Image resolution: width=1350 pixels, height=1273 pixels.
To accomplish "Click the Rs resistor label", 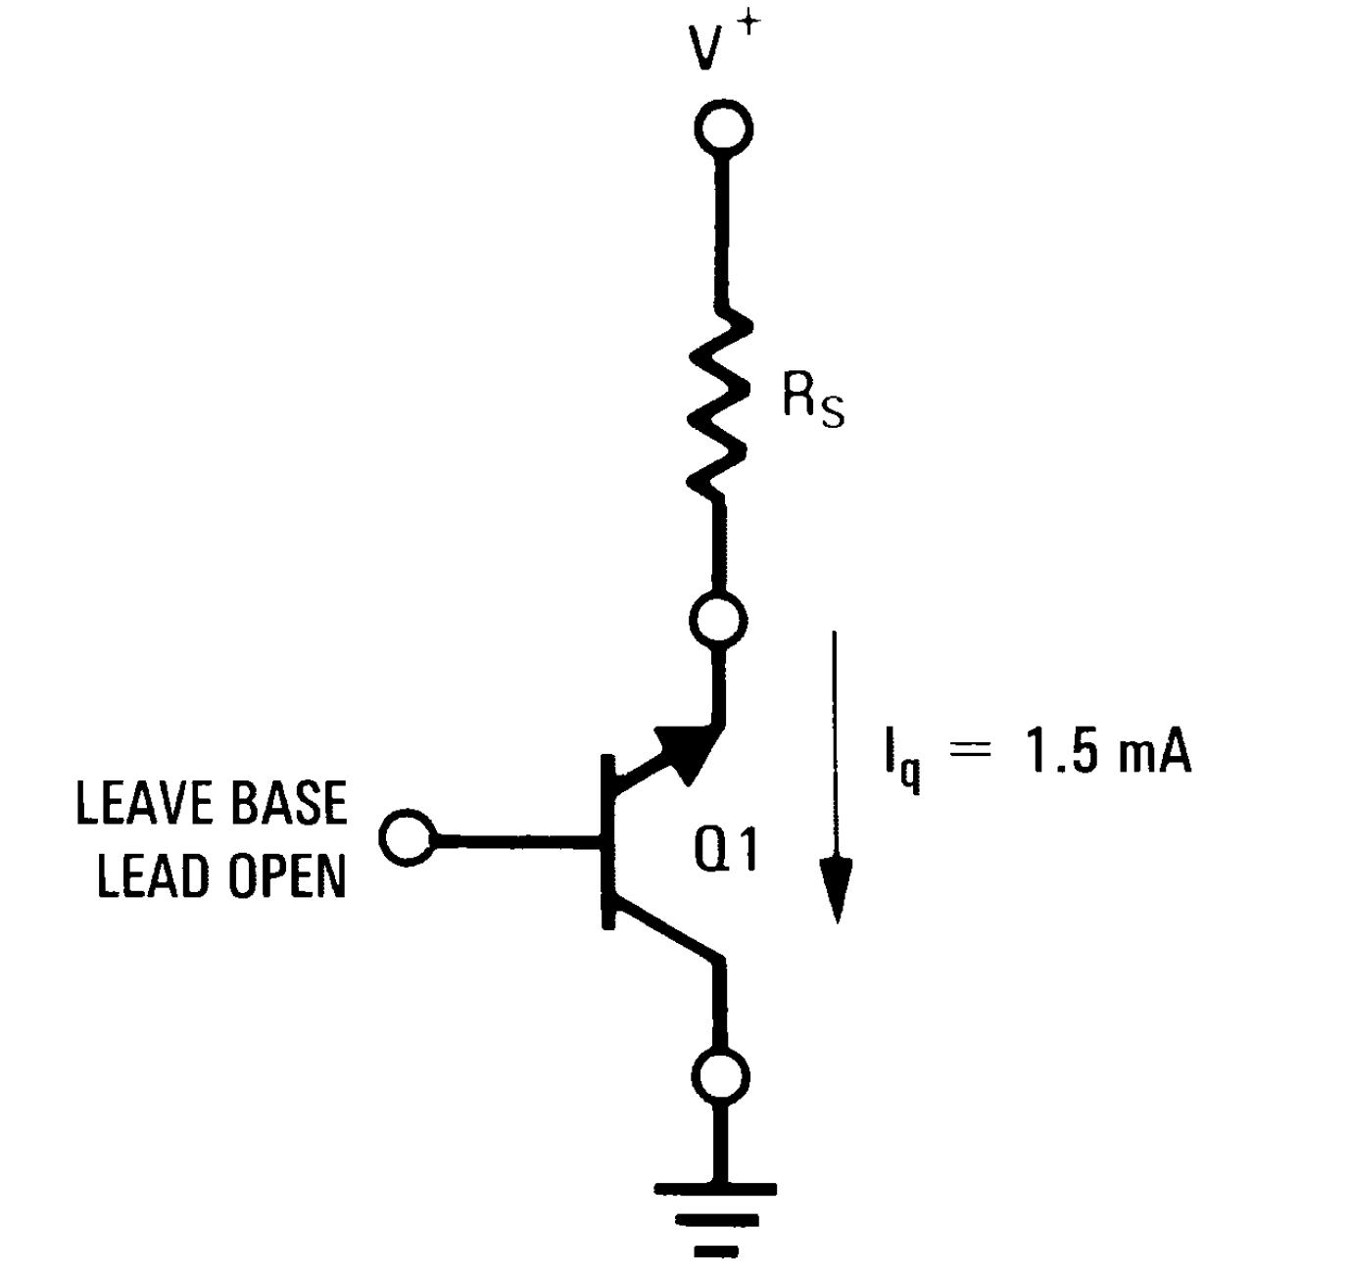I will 812,401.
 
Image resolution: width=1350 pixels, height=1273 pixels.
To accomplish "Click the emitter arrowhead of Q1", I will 689,747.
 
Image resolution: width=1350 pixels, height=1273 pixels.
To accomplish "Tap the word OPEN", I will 288,875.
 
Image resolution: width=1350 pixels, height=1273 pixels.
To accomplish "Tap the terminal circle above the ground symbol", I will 724,1076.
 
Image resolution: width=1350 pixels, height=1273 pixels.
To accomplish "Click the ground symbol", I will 716,1219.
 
